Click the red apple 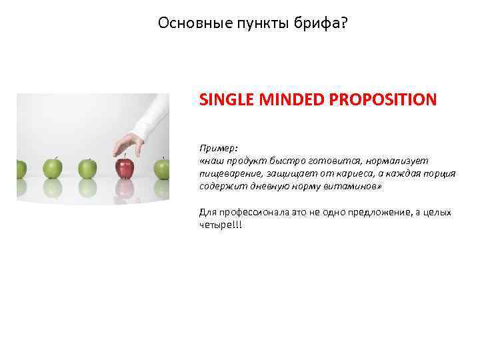click(x=123, y=168)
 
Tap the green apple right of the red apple click(x=162, y=168)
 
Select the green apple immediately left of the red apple click(x=87, y=168)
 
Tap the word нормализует click(x=398, y=161)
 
